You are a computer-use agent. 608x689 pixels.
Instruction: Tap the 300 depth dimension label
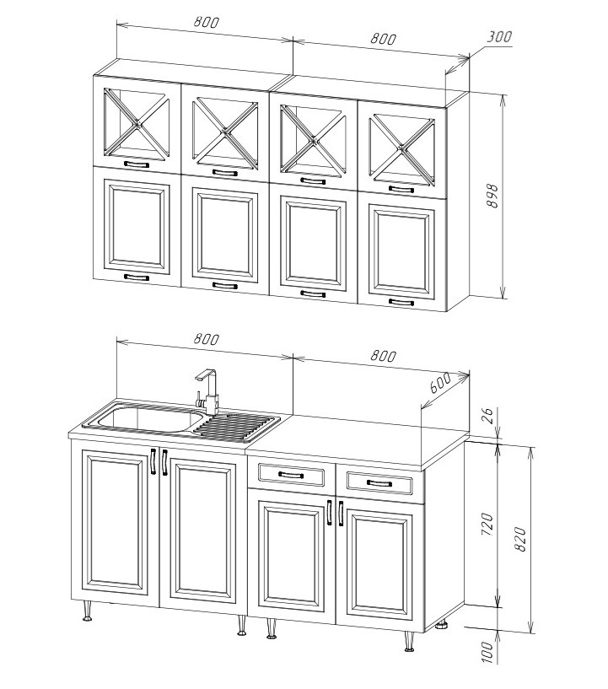(x=499, y=36)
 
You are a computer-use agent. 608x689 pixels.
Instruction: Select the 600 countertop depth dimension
(x=439, y=383)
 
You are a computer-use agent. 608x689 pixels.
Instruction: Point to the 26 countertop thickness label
(x=489, y=415)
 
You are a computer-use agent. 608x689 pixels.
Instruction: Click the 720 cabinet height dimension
(x=488, y=524)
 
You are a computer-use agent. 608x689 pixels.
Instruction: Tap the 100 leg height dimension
(x=487, y=652)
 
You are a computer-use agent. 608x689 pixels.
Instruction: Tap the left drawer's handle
(x=291, y=475)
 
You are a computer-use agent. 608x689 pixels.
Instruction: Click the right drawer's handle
(x=379, y=483)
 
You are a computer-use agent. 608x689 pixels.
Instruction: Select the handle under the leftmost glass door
(x=136, y=164)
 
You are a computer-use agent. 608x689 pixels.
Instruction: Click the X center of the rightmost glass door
(x=402, y=149)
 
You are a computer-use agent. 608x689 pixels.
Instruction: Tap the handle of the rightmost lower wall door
(x=401, y=302)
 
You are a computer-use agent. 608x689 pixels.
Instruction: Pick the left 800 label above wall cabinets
(x=206, y=22)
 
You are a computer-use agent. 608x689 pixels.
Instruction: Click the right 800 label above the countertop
(x=383, y=355)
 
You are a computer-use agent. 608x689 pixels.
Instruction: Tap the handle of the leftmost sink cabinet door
(x=153, y=461)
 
